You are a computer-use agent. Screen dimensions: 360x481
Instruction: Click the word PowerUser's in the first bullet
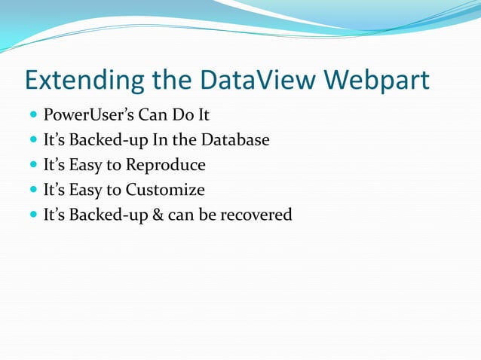click(x=88, y=116)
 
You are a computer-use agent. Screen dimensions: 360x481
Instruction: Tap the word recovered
click(x=255, y=215)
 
